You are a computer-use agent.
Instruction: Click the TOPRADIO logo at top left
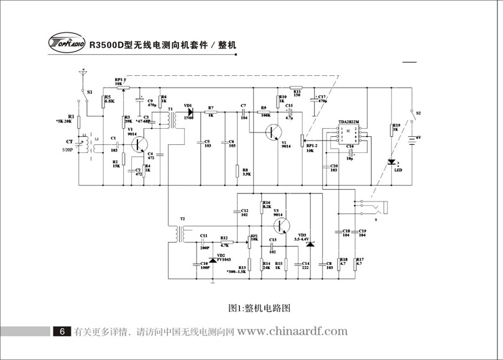click(66, 43)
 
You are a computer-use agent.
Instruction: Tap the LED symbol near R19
click(391, 163)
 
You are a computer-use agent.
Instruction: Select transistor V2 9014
click(273, 132)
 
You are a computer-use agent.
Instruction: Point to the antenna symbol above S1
click(80, 76)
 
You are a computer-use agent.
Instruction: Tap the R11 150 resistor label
click(297, 92)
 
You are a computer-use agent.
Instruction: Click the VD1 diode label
click(188, 106)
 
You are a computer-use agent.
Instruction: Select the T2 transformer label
click(182, 219)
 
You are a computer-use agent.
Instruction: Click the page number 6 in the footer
click(62, 332)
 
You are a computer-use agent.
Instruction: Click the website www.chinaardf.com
click(292, 331)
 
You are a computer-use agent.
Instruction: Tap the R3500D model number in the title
click(106, 45)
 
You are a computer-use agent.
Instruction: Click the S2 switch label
click(418, 113)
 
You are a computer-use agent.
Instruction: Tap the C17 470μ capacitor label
click(321, 99)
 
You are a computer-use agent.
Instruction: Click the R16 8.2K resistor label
click(266, 205)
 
